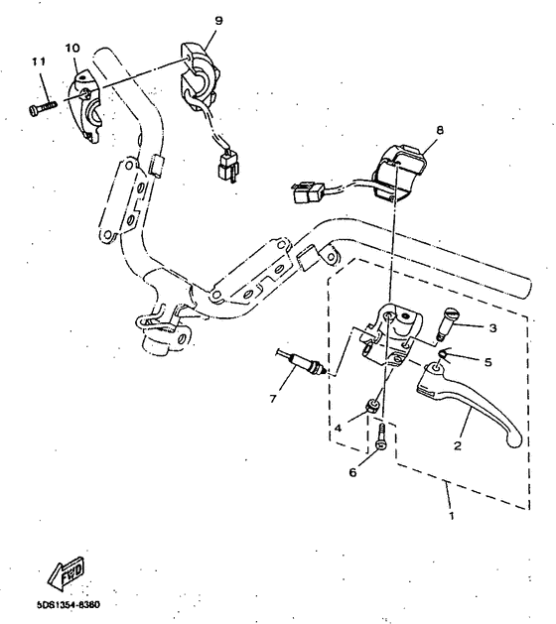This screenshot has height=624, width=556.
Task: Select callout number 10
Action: [x=72, y=48]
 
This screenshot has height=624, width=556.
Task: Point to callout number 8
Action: [x=440, y=130]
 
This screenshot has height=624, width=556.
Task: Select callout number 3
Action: [x=493, y=327]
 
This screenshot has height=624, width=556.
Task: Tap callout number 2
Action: [x=458, y=446]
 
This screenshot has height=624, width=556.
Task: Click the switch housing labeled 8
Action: [x=400, y=171]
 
